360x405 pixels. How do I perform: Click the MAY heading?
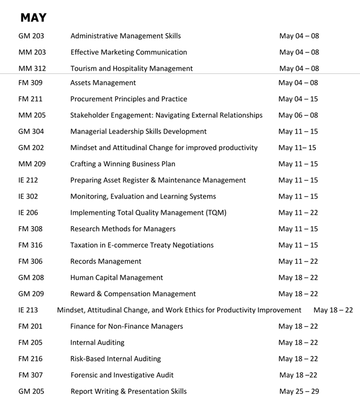(x=33, y=18)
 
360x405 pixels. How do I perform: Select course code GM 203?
(x=31, y=36)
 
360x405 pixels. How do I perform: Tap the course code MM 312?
(x=32, y=69)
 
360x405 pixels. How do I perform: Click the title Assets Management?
(x=103, y=83)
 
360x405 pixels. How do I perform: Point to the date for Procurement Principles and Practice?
(x=299, y=99)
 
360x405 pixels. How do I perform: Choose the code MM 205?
(x=32, y=115)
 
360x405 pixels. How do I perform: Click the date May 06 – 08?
(x=298, y=115)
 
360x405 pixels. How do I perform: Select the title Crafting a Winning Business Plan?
(x=130, y=164)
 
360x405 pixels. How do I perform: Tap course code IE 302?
(x=28, y=196)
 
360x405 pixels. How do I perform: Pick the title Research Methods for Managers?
(x=123, y=229)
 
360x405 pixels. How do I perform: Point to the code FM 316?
(x=30, y=245)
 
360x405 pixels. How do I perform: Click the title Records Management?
(x=106, y=262)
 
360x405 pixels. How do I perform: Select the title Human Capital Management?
(x=117, y=278)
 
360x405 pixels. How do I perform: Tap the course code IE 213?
(x=28, y=310)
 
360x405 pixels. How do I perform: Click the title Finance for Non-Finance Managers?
(x=127, y=326)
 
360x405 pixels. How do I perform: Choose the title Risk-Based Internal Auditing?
(x=116, y=359)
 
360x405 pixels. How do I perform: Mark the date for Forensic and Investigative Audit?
(x=299, y=375)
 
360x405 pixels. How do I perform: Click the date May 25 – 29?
(x=299, y=391)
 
